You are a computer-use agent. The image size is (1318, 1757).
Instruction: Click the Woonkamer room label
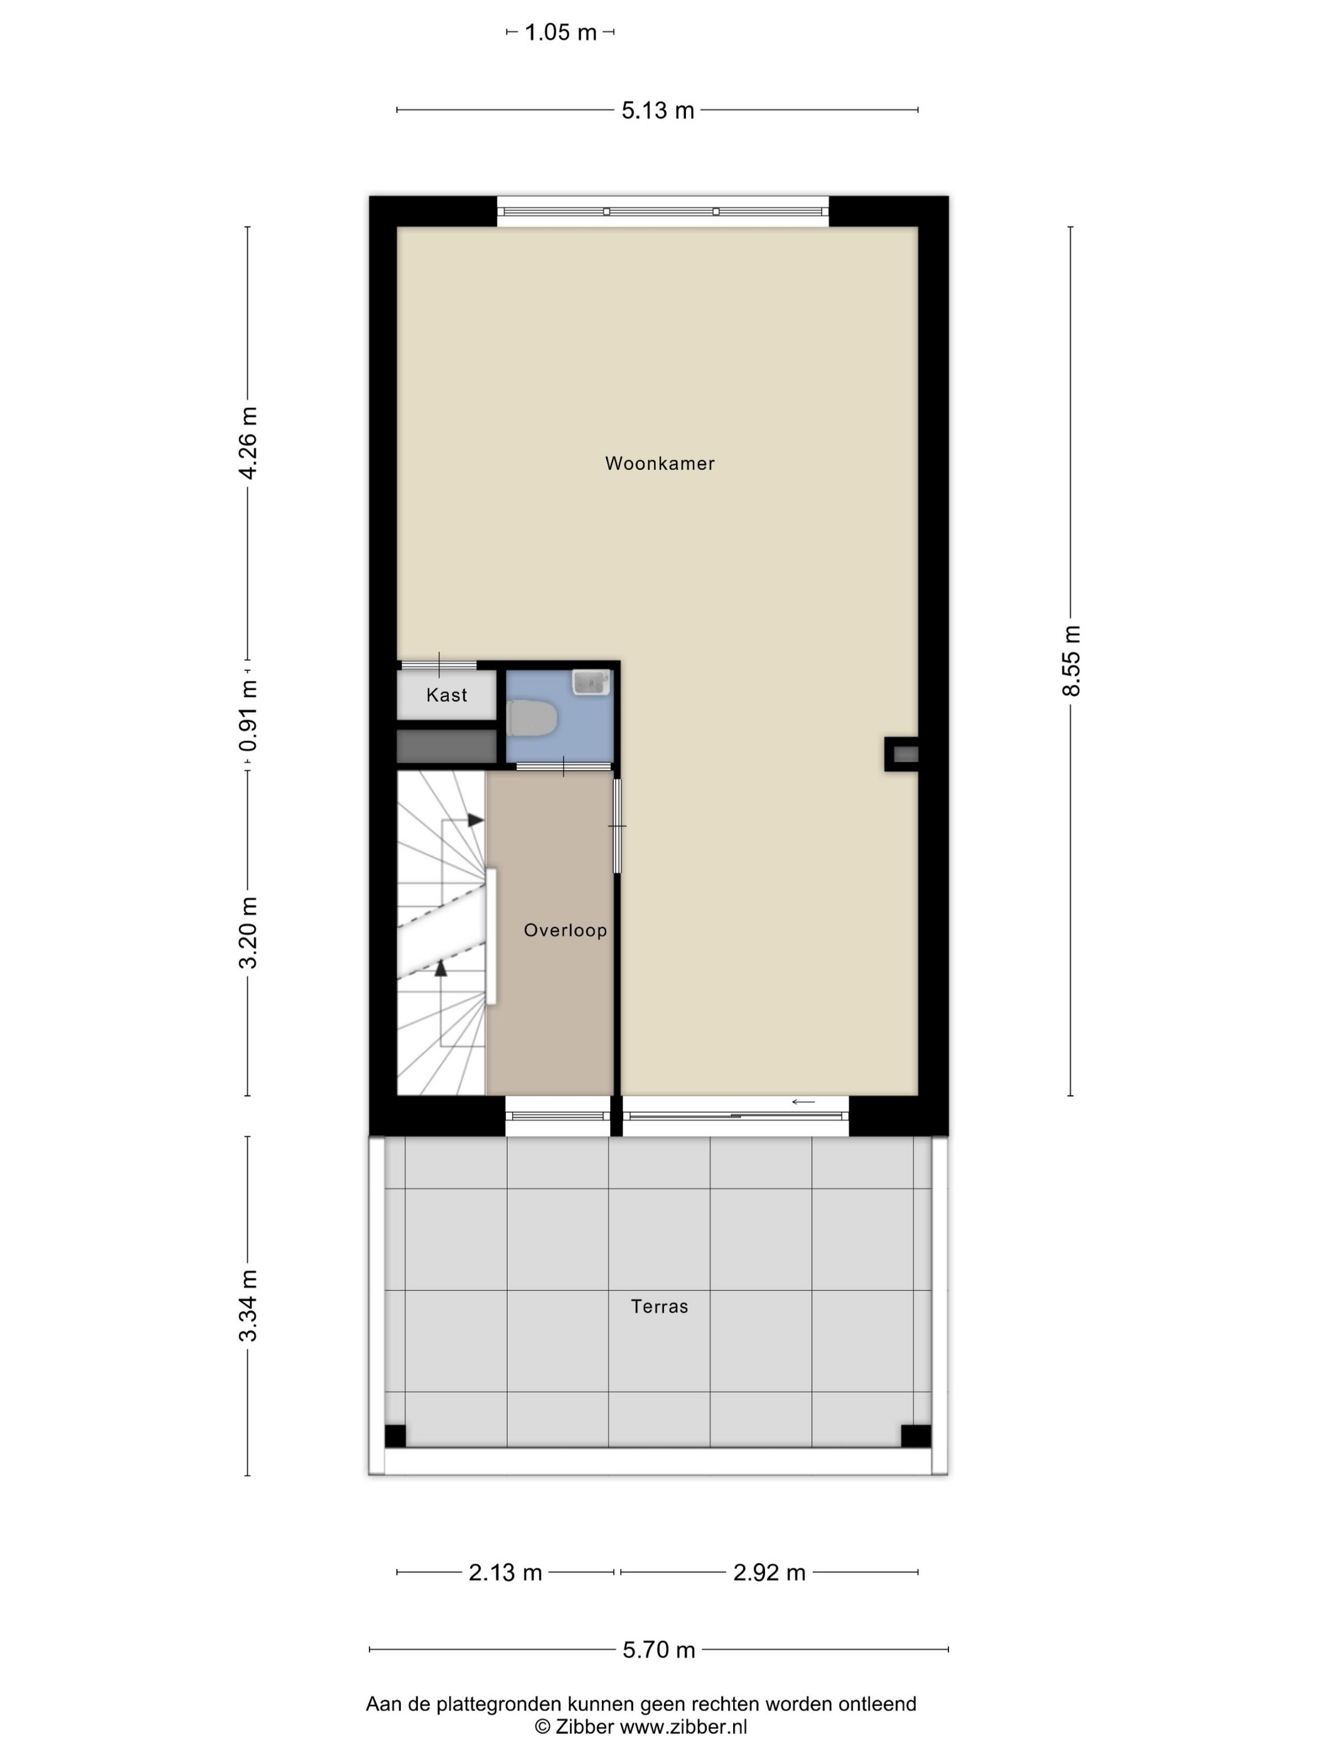click(x=660, y=463)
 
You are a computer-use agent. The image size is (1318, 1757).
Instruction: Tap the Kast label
click(x=446, y=695)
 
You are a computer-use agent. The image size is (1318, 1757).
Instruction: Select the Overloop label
click(x=565, y=930)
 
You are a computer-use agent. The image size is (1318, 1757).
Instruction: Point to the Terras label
click(x=660, y=1306)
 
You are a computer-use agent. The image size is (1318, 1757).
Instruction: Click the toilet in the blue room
click(x=532, y=718)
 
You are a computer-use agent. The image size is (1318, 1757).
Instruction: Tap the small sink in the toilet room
click(x=591, y=681)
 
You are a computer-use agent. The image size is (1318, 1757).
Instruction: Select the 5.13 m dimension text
click(x=658, y=110)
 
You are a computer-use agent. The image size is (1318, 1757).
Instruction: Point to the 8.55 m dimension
click(x=1071, y=661)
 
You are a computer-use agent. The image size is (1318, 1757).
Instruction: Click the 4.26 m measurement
click(x=248, y=442)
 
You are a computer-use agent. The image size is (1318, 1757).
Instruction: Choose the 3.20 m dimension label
click(x=248, y=932)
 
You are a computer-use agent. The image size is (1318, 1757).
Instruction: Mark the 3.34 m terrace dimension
click(x=248, y=1306)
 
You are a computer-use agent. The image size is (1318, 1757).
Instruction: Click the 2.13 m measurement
click(x=505, y=1573)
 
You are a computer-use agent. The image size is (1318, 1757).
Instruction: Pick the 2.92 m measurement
click(x=769, y=1573)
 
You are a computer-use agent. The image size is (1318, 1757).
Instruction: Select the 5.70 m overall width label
click(x=658, y=1650)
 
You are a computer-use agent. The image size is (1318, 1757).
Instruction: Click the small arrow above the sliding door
click(x=803, y=1102)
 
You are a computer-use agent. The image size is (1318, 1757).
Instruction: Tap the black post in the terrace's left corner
click(x=395, y=1436)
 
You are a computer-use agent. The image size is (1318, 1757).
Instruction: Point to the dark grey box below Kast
click(x=446, y=747)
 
